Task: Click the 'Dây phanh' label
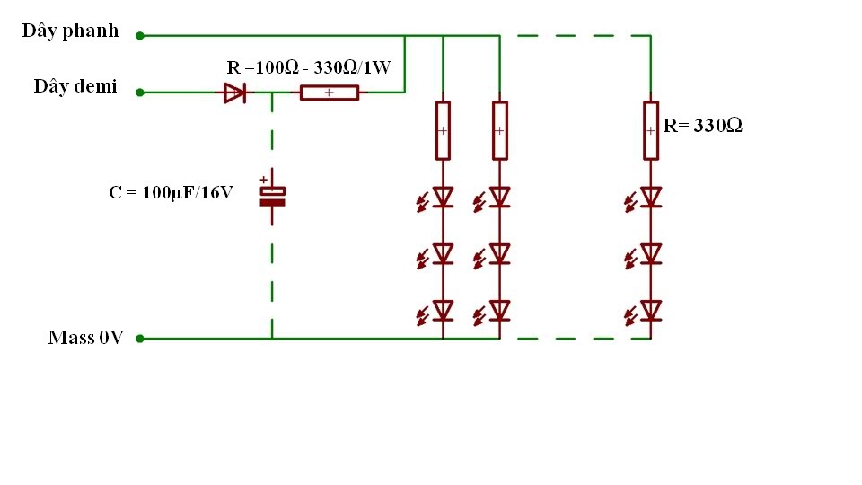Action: click(x=70, y=31)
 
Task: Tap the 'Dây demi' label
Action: click(x=75, y=86)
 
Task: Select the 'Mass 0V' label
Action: click(x=86, y=337)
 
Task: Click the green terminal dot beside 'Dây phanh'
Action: click(x=140, y=36)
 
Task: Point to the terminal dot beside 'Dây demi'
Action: click(x=140, y=93)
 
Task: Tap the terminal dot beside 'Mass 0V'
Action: click(x=140, y=339)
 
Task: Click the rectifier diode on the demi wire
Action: click(x=234, y=93)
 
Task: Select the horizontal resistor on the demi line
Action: click(x=330, y=93)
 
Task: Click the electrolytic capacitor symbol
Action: click(x=272, y=197)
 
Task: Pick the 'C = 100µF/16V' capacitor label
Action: click(x=171, y=192)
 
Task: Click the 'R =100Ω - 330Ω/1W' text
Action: click(x=308, y=67)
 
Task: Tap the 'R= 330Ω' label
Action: click(x=702, y=126)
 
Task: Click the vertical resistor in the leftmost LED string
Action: click(x=443, y=131)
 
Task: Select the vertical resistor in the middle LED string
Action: click(x=500, y=131)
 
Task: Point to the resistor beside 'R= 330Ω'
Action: click(x=651, y=131)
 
